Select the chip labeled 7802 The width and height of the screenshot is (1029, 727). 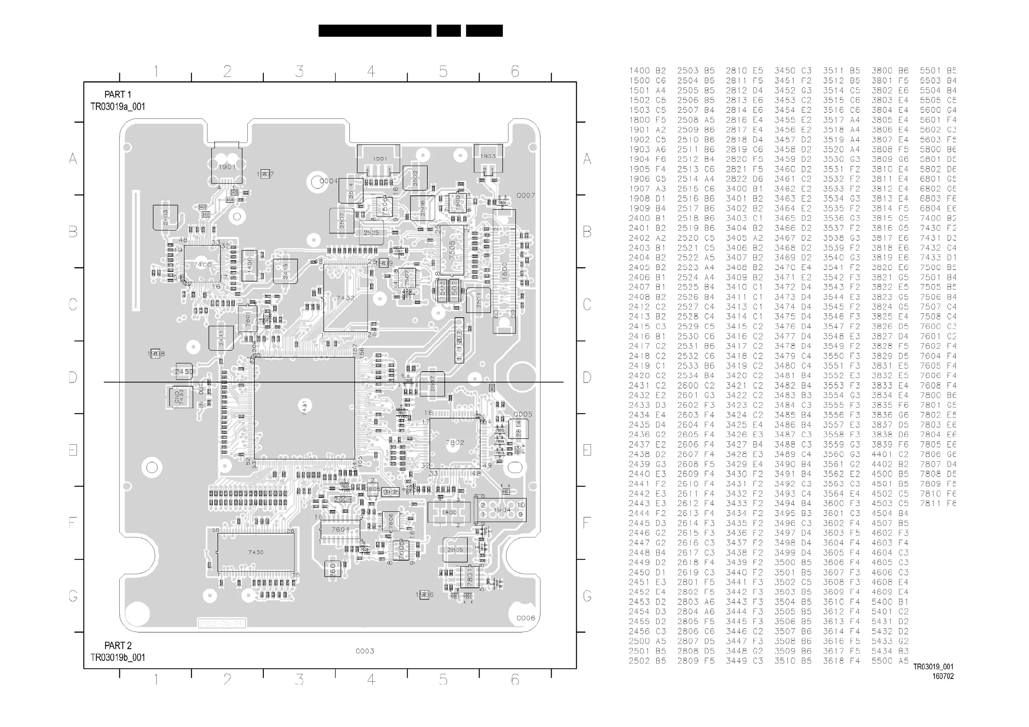(454, 443)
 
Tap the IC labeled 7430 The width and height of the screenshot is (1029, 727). (256, 552)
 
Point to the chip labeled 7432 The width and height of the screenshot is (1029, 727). (345, 297)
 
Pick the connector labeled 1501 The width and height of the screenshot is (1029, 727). (379, 159)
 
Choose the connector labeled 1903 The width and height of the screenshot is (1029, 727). (488, 156)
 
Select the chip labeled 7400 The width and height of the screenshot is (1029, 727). (202, 264)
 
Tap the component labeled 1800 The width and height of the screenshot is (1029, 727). (449, 512)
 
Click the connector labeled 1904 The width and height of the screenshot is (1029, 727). (502, 510)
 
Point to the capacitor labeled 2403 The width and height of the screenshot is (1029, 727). (165, 218)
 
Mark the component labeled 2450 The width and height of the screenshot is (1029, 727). (184, 371)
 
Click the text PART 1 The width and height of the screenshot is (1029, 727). (118, 95)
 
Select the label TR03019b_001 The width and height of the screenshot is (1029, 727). (118, 657)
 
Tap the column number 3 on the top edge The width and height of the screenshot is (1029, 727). (299, 71)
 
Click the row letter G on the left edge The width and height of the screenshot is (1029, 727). (73, 596)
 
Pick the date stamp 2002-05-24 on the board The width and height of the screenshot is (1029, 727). (221, 624)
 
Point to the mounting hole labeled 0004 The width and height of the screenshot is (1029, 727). (316, 182)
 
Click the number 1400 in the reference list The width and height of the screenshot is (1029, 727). (639, 71)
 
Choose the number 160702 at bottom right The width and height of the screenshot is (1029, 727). (943, 676)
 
